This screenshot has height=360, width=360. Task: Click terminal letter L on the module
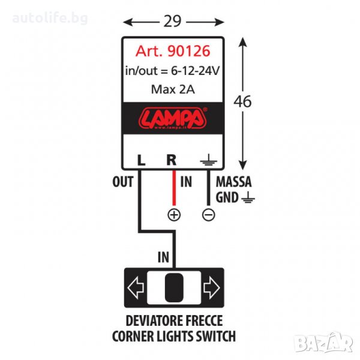[x=140, y=161]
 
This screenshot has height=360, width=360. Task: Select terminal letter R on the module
[x=172, y=161]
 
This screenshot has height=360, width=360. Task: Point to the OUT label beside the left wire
[x=122, y=181]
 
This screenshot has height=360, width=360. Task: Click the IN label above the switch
[x=163, y=257]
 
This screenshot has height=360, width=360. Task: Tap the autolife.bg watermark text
[x=51, y=17]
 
